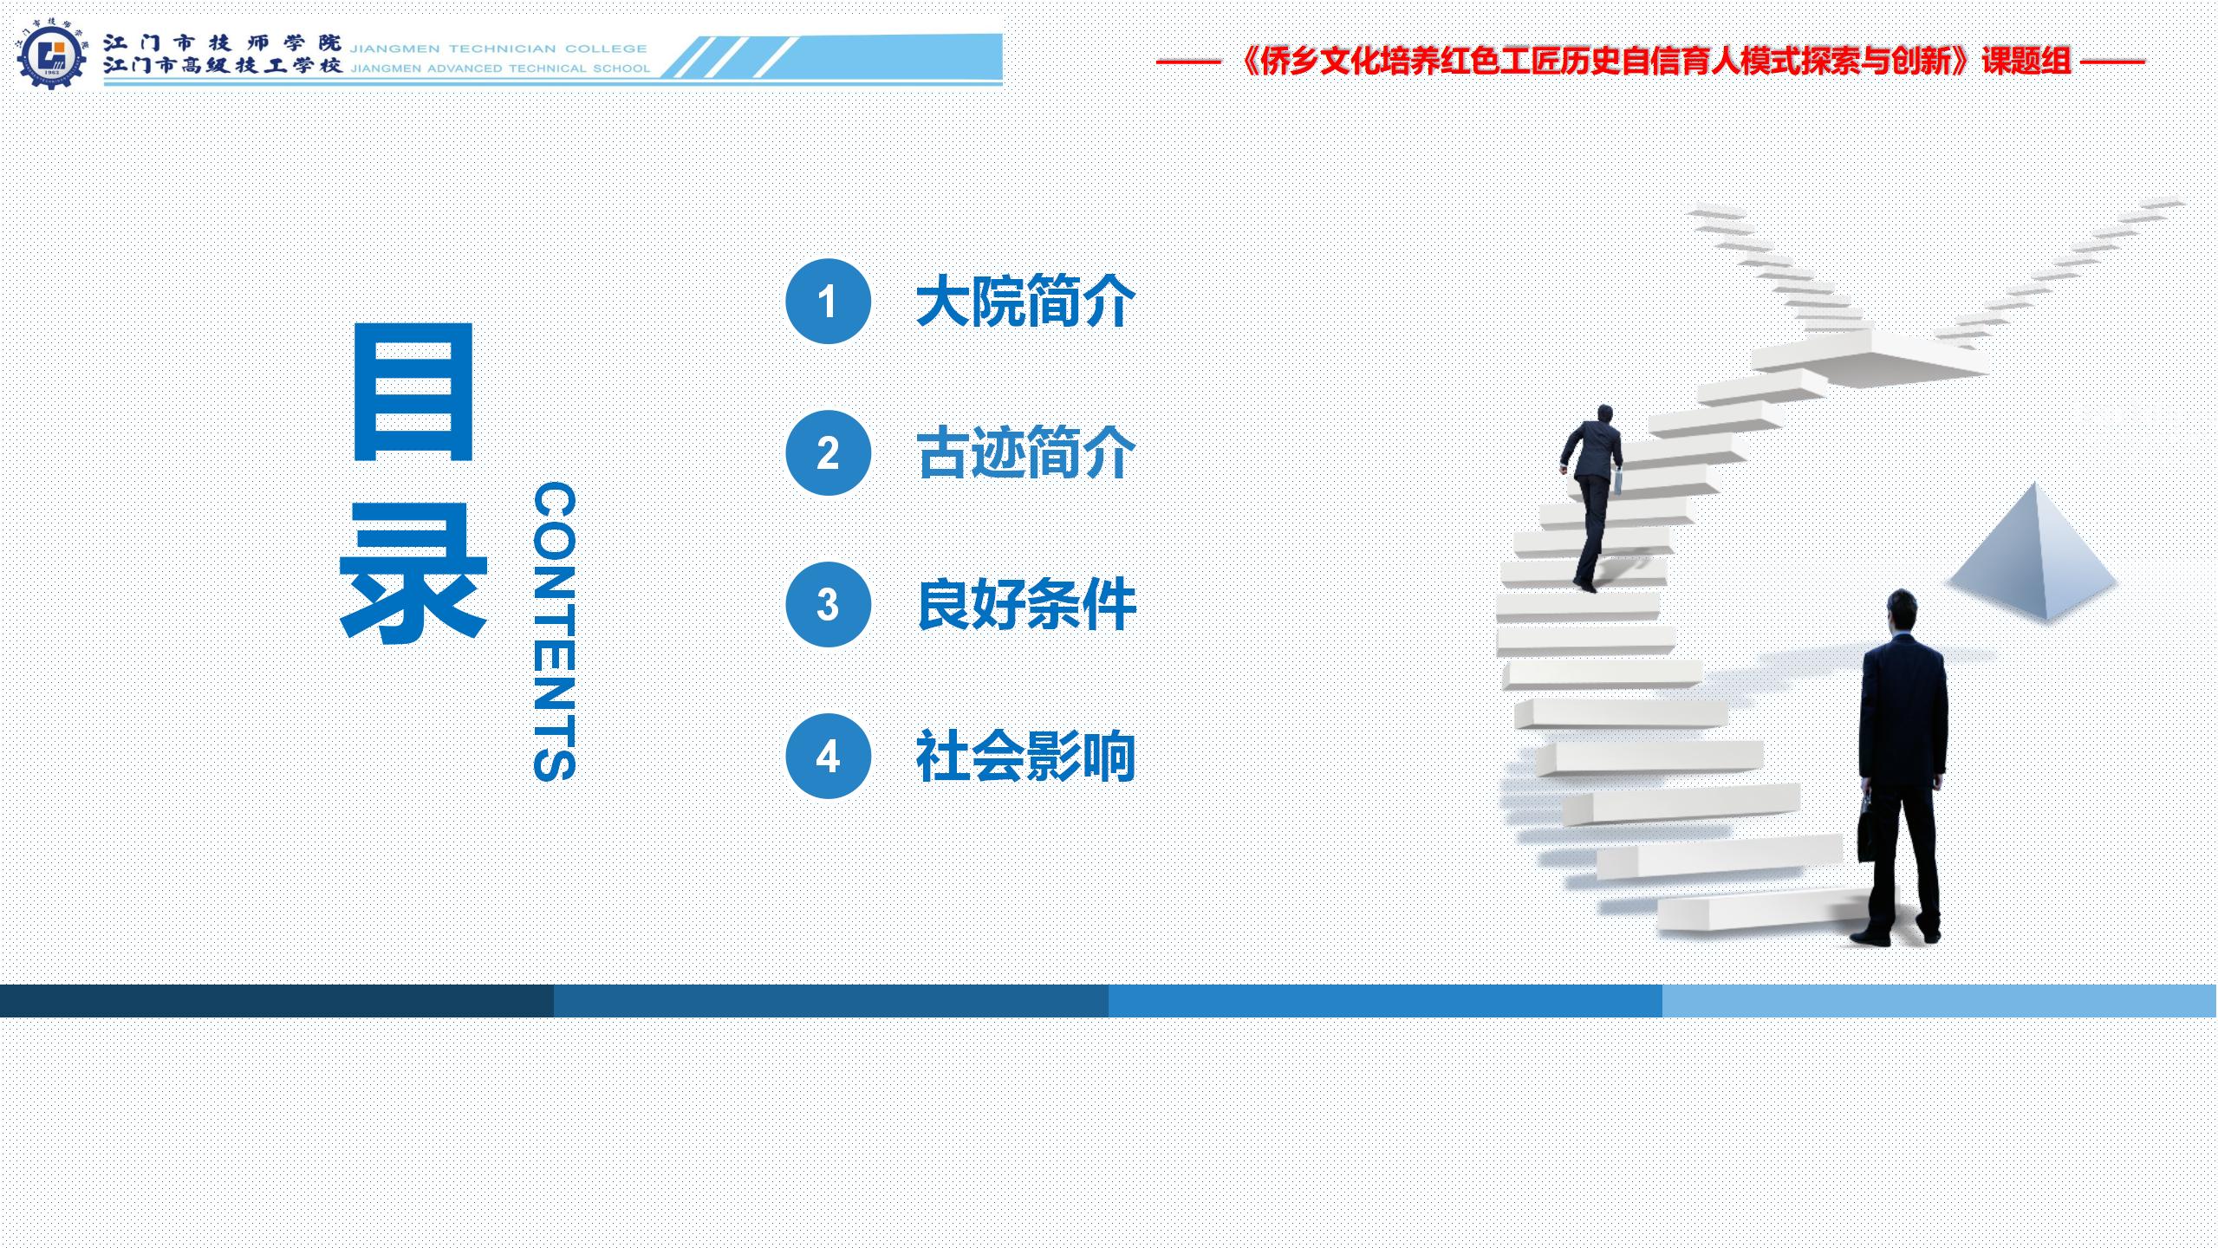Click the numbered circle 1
[x=828, y=302]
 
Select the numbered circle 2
[x=828, y=453]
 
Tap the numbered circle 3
[x=828, y=605]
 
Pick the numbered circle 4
[x=828, y=756]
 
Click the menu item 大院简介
[x=1026, y=302]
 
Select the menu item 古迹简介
[x=1026, y=453]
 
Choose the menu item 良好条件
[x=1026, y=604]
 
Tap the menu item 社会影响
[x=1026, y=756]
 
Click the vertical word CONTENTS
[x=555, y=632]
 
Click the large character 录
[x=413, y=574]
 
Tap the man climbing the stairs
[x=1593, y=498]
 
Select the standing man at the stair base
[x=1901, y=767]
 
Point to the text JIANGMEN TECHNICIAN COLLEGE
[x=498, y=49]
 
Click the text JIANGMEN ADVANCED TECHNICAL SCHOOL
[x=500, y=68]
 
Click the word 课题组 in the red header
[x=2026, y=61]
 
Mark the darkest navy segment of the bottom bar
[x=277, y=1000]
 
